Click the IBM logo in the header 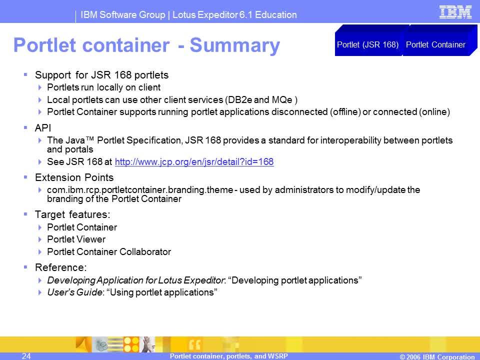tap(455, 12)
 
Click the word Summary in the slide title tap(235, 45)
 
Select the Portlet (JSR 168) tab tap(367, 44)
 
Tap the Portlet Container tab tap(435, 44)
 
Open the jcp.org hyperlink tap(194, 161)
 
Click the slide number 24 tap(26, 355)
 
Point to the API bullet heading tap(43, 128)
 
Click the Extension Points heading tap(74, 177)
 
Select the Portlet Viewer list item tap(76, 239)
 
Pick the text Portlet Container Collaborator tap(109, 251)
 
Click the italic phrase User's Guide tap(74, 292)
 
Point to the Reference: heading tap(61, 267)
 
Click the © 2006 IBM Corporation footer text tap(437, 356)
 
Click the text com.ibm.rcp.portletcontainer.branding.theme tap(140, 190)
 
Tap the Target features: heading tap(72, 214)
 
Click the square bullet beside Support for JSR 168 tap(25, 74)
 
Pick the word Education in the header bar tap(276, 14)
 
